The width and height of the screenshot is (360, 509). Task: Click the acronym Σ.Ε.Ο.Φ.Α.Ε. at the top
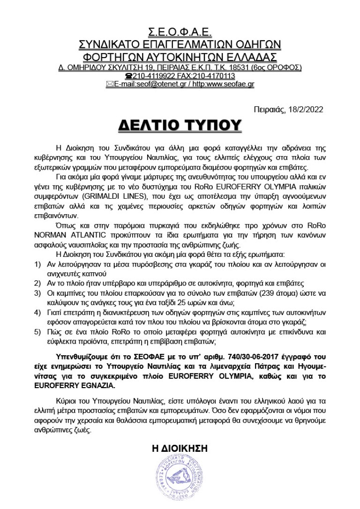click(180, 32)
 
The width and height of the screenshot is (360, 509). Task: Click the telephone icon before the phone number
click(128, 76)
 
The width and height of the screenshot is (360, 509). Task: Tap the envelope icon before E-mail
click(110, 84)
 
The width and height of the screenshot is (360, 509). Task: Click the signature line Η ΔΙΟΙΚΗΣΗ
click(180, 448)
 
